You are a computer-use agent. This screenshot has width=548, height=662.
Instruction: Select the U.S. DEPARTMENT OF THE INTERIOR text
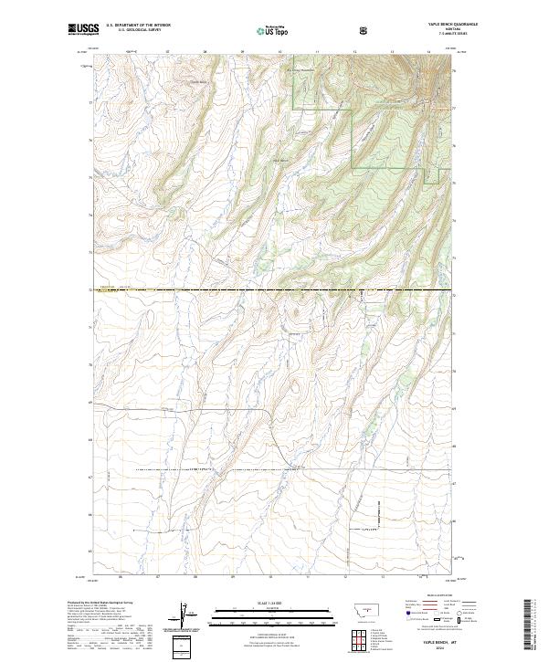(x=138, y=26)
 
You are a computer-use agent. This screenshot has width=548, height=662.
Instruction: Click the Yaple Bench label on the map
(x=281, y=162)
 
